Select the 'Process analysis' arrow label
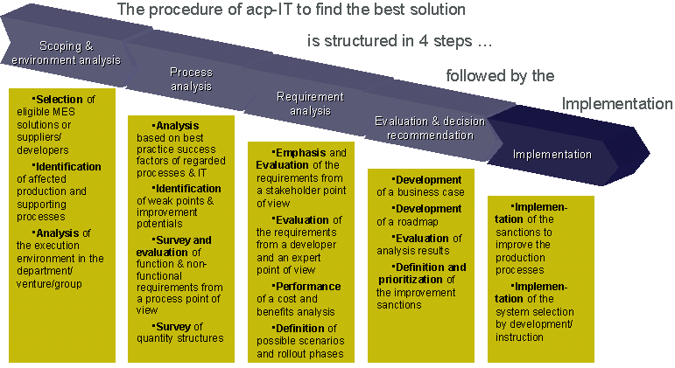191,80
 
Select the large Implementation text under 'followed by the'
617,104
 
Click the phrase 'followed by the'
500,76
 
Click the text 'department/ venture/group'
58,277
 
